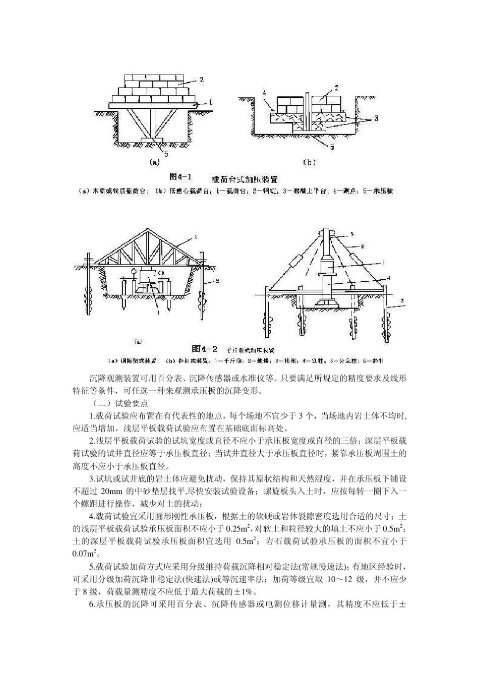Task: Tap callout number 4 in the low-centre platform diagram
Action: [264, 92]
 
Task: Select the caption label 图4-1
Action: [181, 177]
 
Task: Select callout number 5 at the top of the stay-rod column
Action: [351, 233]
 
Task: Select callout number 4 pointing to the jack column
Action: [388, 278]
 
